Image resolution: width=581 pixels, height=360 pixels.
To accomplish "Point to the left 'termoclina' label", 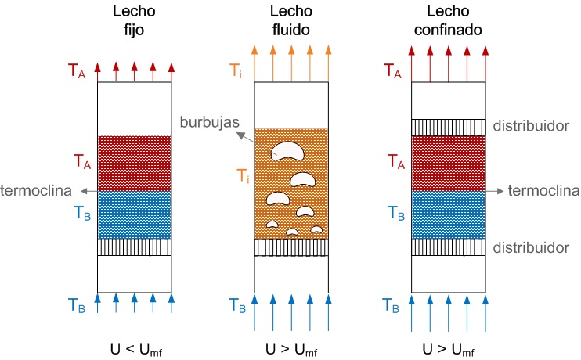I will click(x=36, y=190).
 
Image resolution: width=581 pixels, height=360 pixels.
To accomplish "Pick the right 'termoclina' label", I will click(x=543, y=190).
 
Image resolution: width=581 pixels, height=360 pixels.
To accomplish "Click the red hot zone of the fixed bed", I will click(x=134, y=164).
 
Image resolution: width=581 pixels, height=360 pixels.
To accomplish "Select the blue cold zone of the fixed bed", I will click(x=134, y=215).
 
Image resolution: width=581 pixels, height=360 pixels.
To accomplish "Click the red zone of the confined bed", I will click(x=449, y=164).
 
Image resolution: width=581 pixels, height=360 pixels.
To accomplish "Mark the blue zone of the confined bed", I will click(x=449, y=215).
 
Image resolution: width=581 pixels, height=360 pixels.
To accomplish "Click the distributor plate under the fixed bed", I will click(x=134, y=247).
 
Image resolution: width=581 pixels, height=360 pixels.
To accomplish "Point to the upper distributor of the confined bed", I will click(x=449, y=127).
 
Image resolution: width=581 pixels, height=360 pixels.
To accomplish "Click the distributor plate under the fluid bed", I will click(x=291, y=247).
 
